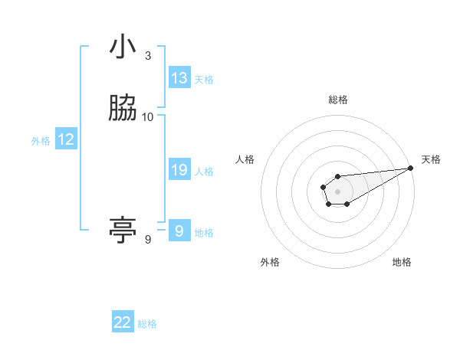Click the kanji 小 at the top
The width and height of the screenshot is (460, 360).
coord(123,47)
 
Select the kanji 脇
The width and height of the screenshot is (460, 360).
coord(123,109)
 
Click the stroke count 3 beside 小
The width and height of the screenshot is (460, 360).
coord(148,55)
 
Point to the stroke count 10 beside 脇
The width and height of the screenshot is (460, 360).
coord(148,116)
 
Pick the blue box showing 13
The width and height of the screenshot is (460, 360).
coord(179,78)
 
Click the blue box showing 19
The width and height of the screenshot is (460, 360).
coord(179,170)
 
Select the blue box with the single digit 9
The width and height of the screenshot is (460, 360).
coord(179,231)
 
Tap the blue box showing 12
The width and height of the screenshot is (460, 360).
coord(66,139)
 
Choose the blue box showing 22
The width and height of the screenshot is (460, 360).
coord(123,322)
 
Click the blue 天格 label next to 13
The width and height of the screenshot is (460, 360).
coord(204,79)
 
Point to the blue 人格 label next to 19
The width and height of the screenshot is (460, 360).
coord(204,171)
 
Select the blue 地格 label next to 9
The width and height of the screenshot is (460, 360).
coord(204,232)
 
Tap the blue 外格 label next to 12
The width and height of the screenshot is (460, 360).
coord(41,140)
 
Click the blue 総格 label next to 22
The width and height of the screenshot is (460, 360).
coord(147,323)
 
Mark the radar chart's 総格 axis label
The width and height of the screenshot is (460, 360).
coord(337,100)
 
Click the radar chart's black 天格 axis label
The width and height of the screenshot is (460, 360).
coord(431,159)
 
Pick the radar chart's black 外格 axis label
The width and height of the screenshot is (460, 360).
coord(270,262)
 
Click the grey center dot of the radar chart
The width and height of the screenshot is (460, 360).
coord(337,191)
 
